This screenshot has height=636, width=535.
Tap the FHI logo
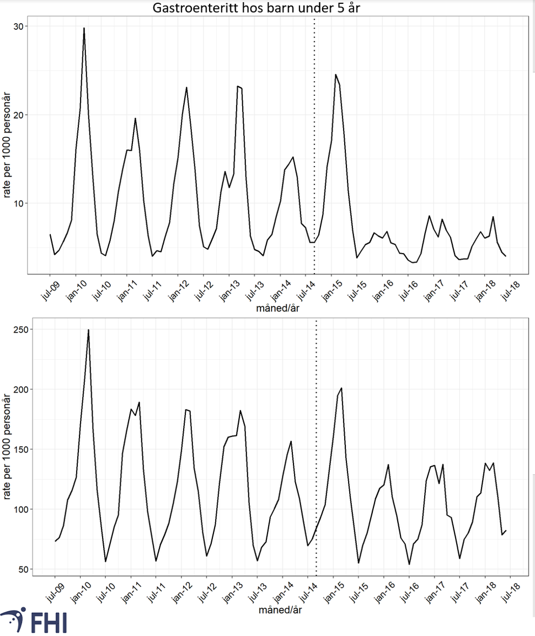pos(34,621)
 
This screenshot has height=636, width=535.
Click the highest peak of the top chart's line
pos(84,28)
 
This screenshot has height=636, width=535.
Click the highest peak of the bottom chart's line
pos(88,330)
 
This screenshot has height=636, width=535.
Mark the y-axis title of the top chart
pos(8,146)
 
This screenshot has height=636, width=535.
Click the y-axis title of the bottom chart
pos(8,448)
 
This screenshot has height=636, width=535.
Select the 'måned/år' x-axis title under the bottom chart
pos(280,611)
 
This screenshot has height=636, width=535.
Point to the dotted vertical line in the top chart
pos(314,138)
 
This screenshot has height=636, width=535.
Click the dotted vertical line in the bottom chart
pos(316,441)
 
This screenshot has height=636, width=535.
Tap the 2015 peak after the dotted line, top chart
pos(335,74)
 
